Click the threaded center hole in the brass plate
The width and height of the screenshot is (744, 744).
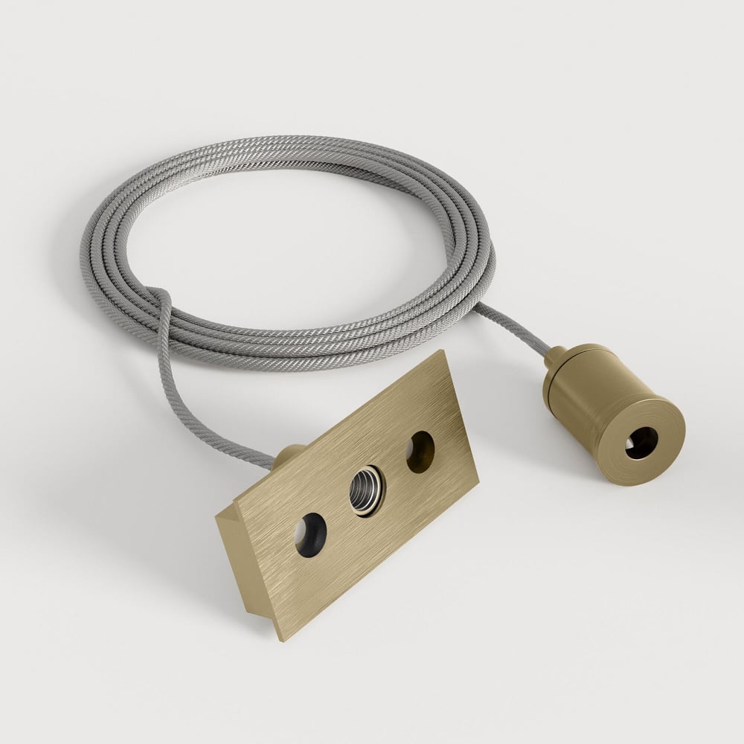pyautogui.click(x=367, y=490)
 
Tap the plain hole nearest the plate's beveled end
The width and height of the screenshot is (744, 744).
pyautogui.click(x=310, y=533)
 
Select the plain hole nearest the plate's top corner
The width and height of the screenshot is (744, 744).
pyautogui.click(x=420, y=451)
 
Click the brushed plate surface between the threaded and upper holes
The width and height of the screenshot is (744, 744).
pyautogui.click(x=394, y=469)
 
